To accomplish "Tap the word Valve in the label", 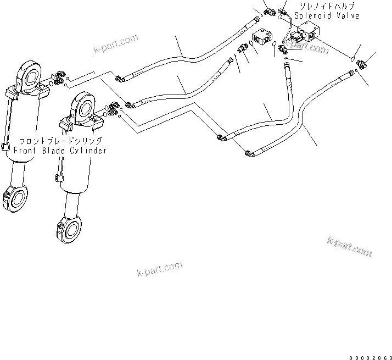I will (x=348, y=16).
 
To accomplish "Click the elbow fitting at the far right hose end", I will (x=362, y=65).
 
